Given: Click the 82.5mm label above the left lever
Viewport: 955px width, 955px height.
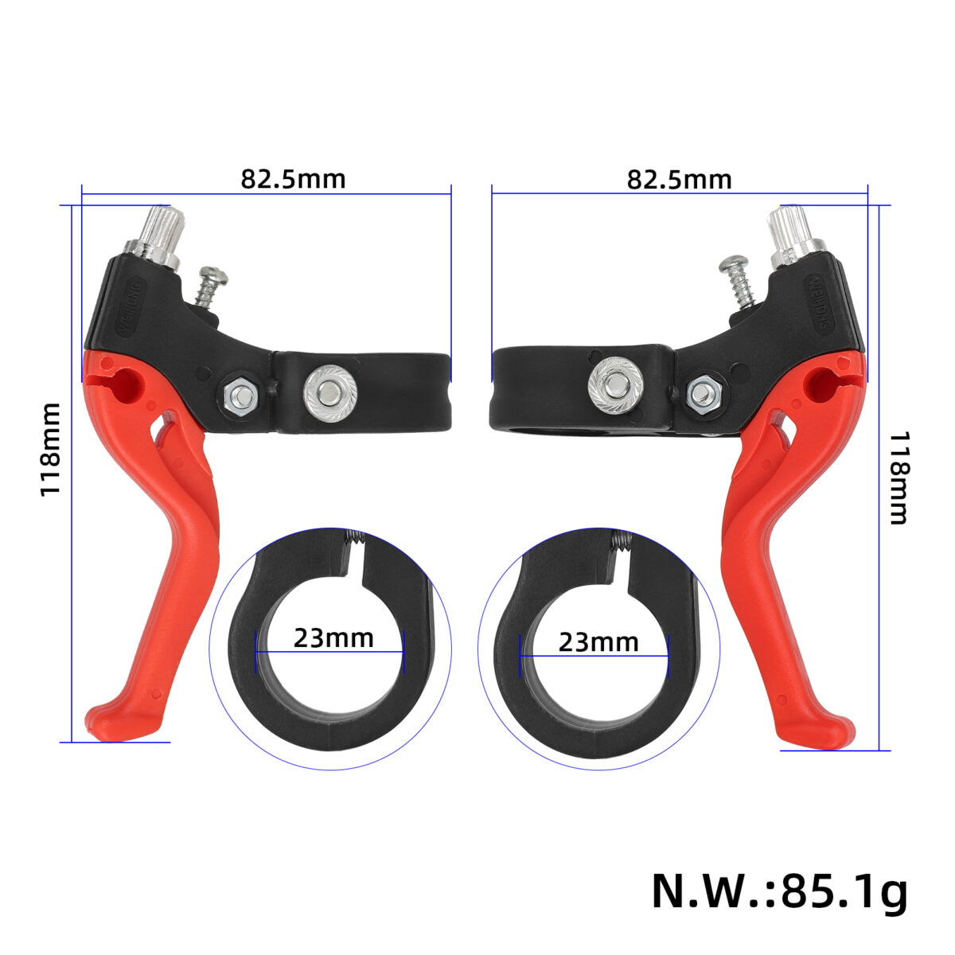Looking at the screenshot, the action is [x=293, y=179].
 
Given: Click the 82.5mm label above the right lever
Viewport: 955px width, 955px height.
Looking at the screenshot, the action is [x=679, y=179].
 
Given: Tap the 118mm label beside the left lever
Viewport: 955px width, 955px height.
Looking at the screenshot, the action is [x=51, y=450].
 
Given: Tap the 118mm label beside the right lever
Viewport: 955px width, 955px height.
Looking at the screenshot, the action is [x=898, y=477].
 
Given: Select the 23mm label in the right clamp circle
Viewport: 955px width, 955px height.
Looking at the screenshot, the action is [x=598, y=642].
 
